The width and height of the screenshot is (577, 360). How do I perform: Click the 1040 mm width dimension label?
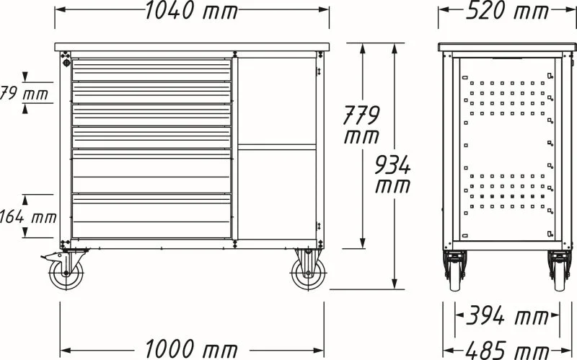coord(191,10)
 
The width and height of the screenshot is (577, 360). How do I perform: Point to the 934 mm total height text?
coord(392,174)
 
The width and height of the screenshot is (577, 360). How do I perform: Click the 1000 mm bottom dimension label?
coord(191,348)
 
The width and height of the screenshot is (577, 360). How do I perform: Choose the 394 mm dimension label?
coord(508,316)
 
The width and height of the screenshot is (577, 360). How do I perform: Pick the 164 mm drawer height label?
coord(27,216)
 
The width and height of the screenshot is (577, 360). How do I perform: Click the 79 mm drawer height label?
coord(24,93)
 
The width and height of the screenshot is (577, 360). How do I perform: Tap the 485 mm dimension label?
coord(508,351)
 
